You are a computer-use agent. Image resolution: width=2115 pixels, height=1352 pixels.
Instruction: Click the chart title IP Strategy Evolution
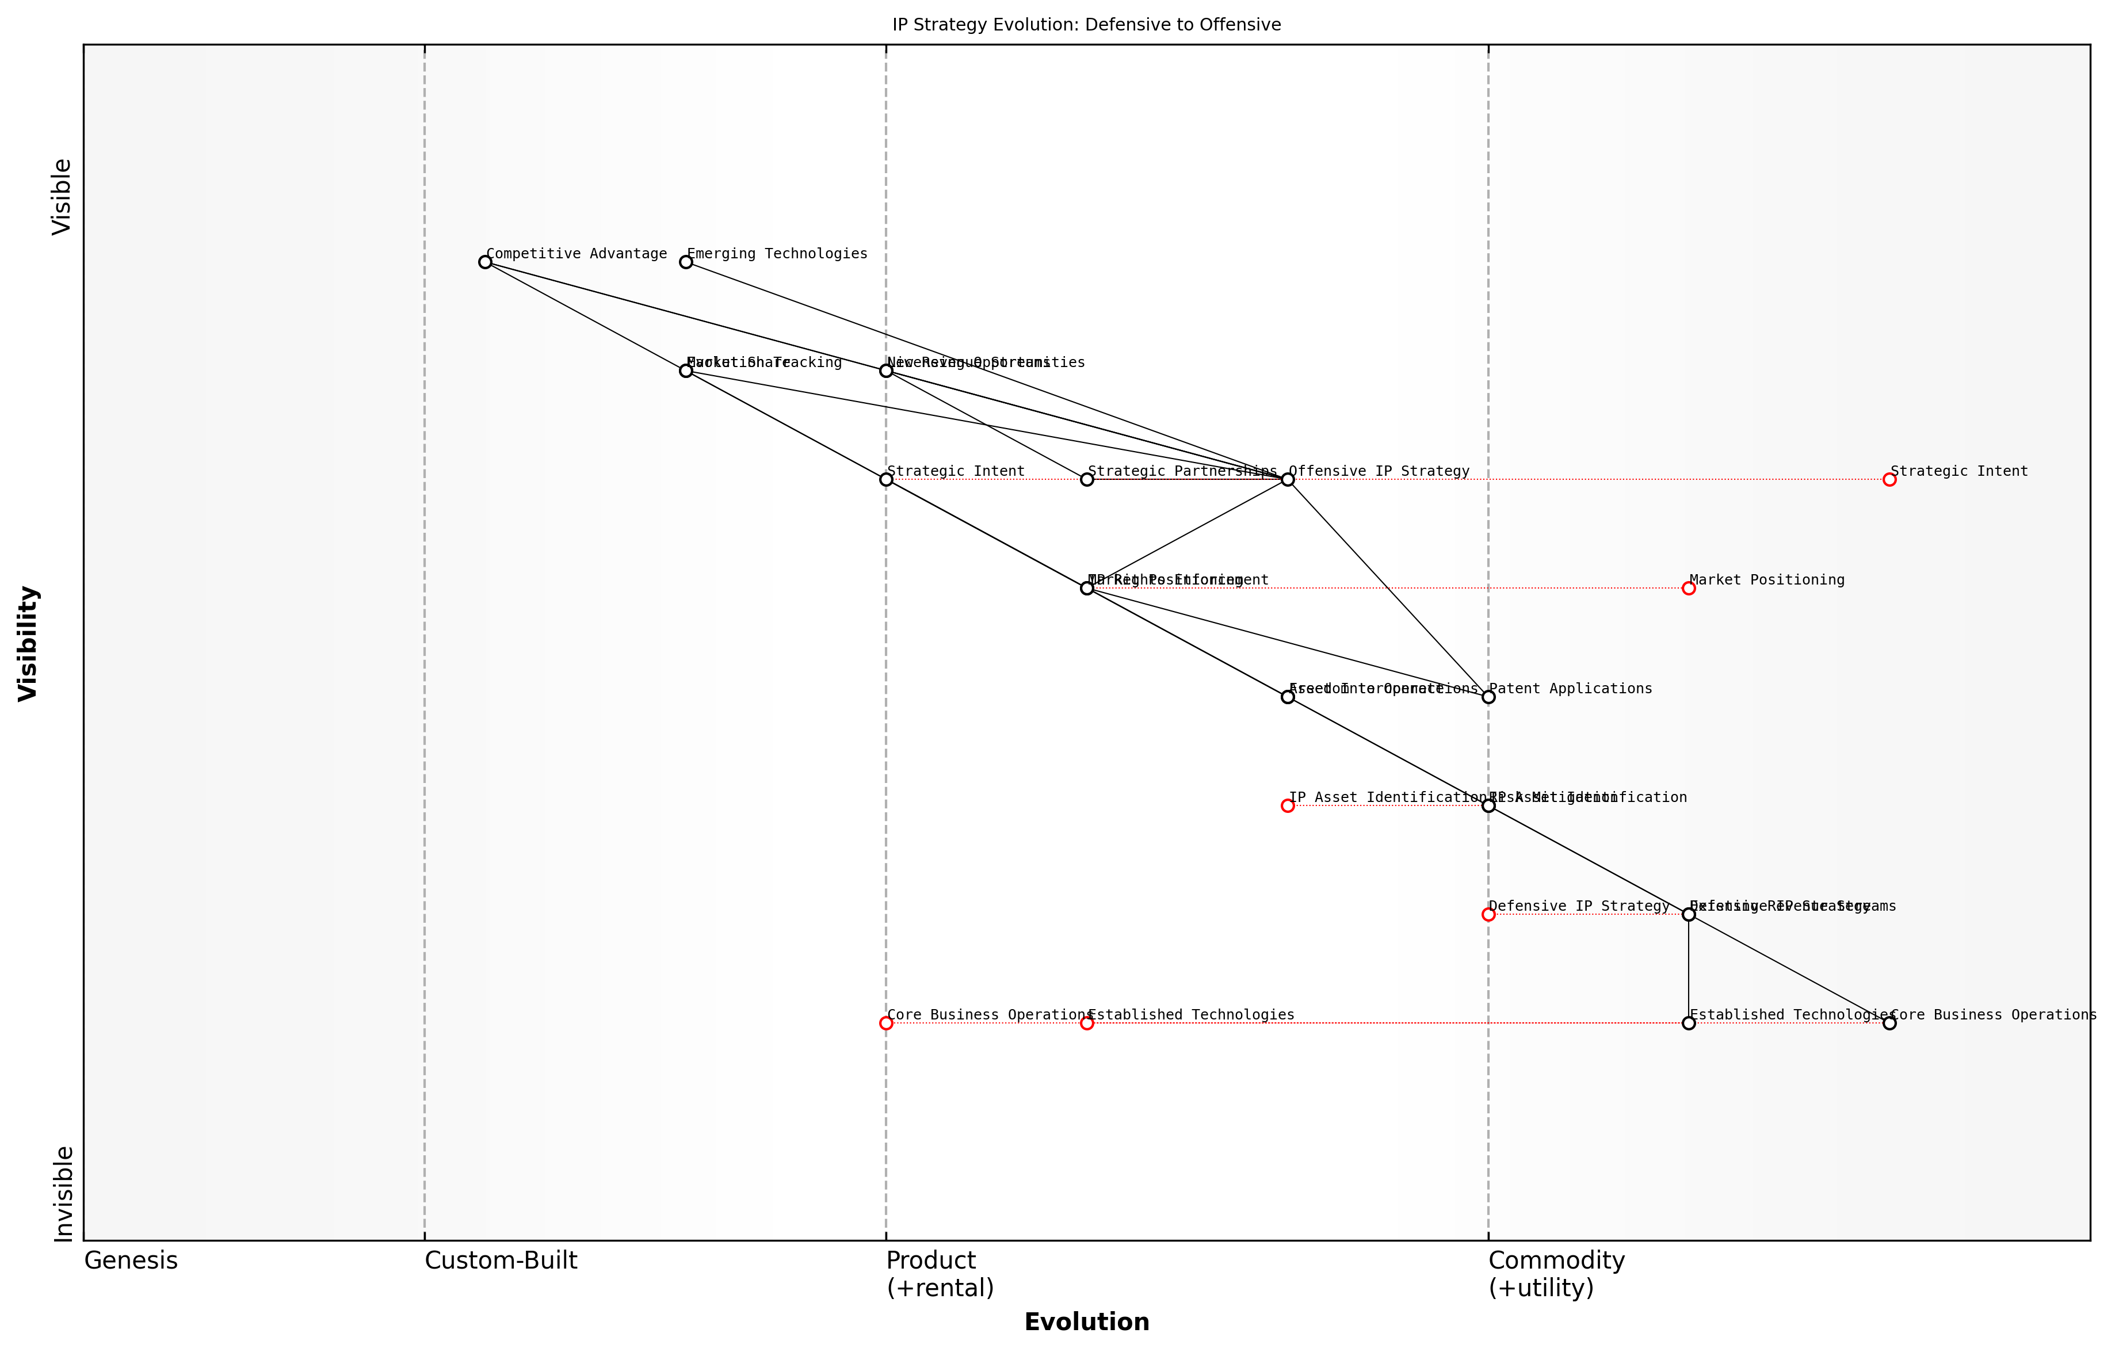(x=1086, y=25)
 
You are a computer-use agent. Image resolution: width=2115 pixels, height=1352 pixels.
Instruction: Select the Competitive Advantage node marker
(x=485, y=262)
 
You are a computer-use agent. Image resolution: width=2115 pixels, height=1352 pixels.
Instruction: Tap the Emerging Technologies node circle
(x=686, y=262)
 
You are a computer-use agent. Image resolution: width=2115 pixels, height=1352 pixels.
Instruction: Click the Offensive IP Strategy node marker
(x=1288, y=480)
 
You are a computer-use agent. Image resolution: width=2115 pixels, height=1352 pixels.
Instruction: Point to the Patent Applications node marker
(x=1489, y=697)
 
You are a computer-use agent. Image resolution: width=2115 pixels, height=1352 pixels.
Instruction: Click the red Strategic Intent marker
(x=1889, y=480)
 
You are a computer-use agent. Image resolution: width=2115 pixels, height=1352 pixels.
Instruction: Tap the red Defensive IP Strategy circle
(x=1489, y=915)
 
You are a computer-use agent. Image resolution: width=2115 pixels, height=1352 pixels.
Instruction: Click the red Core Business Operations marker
(x=886, y=1023)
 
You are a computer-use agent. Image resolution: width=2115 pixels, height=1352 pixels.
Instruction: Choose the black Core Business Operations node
(x=1889, y=1023)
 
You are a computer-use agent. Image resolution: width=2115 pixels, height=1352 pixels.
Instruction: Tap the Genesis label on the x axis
(x=131, y=1262)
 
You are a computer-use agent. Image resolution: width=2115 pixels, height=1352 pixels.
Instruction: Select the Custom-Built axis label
(x=501, y=1262)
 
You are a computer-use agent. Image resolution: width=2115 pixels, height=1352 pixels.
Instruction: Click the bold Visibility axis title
(x=28, y=643)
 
